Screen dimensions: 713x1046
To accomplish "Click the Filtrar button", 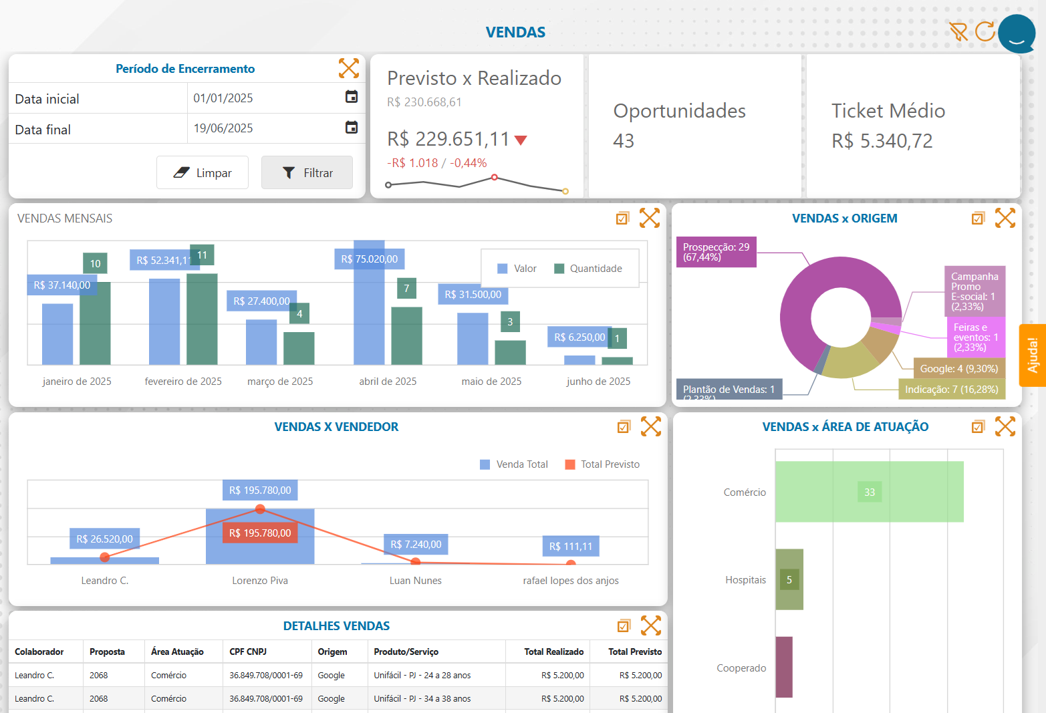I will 307,173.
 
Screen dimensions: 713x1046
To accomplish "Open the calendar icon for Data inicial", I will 351,97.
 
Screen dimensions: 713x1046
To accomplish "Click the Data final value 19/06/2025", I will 223,128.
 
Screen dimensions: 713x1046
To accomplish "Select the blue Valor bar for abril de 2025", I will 369,314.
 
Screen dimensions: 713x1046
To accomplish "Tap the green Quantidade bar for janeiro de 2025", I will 95,324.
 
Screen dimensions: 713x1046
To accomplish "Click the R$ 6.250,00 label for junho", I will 579,337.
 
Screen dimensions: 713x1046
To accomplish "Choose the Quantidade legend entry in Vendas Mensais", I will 588,269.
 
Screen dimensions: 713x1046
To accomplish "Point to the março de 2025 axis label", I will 280,382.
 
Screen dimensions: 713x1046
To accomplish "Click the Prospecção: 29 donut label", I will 716,252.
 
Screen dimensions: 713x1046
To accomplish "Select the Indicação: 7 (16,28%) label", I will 951,390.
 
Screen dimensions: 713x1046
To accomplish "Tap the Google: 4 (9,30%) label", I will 958,369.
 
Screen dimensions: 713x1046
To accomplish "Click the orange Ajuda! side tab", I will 1033,355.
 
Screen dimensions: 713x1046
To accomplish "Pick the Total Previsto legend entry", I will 602,464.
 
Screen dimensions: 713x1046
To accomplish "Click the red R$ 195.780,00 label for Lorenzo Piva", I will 260,533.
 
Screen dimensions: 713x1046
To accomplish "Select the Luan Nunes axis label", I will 415,581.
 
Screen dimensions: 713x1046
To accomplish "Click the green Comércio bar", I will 869,492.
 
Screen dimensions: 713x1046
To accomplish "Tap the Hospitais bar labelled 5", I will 789,579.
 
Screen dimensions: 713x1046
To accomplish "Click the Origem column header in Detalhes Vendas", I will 332,652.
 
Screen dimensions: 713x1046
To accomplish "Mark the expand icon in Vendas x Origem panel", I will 1005,218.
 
